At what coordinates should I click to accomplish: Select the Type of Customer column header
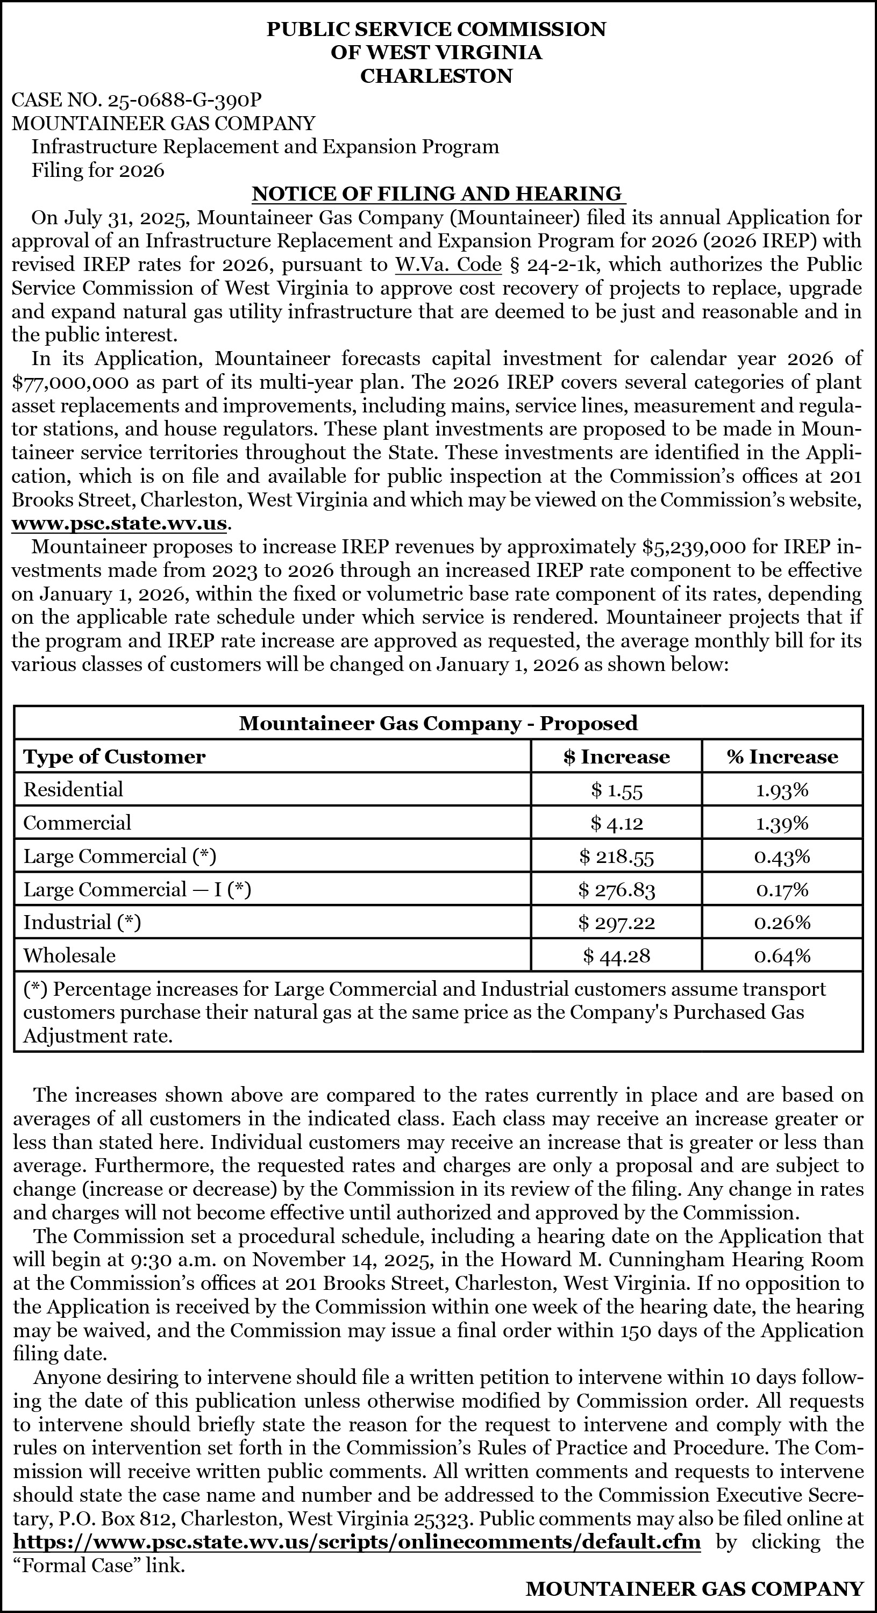pyautogui.click(x=115, y=756)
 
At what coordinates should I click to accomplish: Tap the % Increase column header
pyautogui.click(x=782, y=756)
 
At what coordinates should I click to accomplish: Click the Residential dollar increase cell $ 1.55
pyautogui.click(x=616, y=790)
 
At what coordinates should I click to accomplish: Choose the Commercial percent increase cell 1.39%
pyautogui.click(x=782, y=823)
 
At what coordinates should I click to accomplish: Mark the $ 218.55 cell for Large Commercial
pyautogui.click(x=616, y=857)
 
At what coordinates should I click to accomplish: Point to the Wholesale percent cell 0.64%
pyautogui.click(x=782, y=955)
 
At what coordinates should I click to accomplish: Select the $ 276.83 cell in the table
pyautogui.click(x=616, y=890)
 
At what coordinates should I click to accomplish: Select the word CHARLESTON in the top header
pyautogui.click(x=437, y=76)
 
